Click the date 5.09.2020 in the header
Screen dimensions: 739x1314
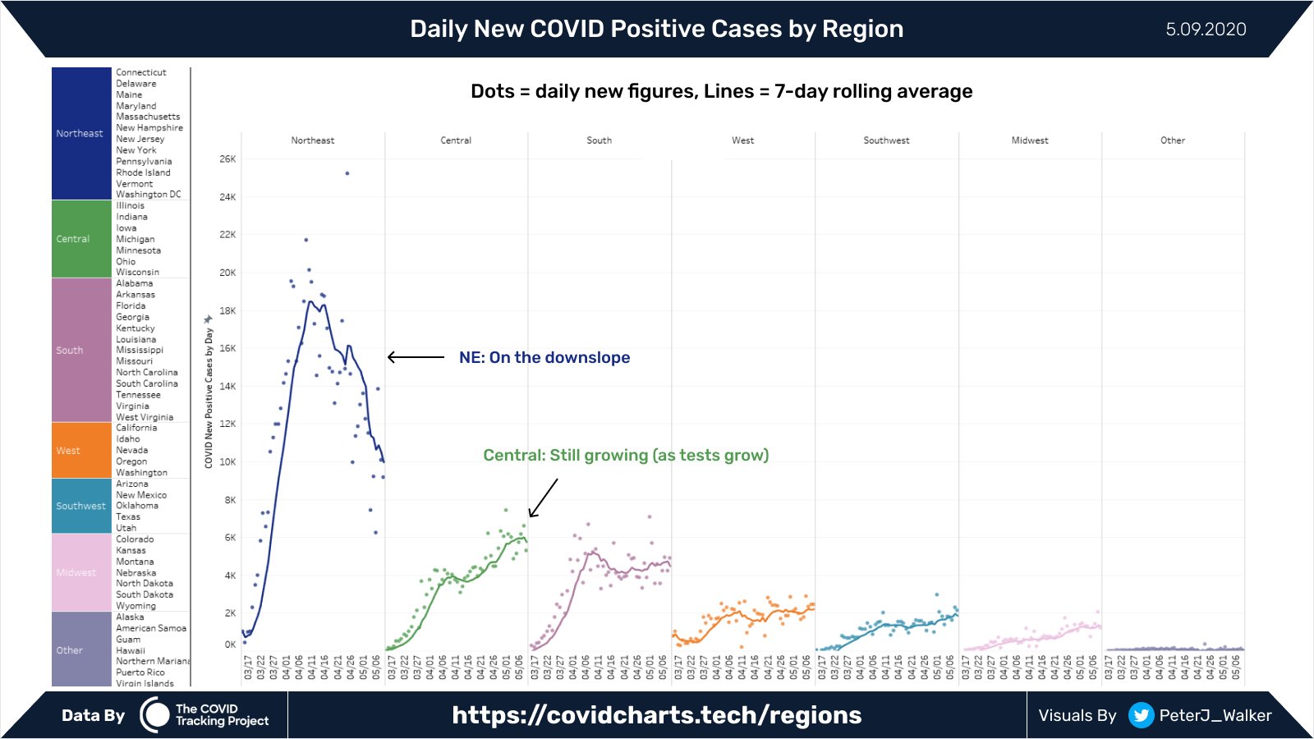tap(1206, 30)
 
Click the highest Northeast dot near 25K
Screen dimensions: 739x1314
tap(347, 173)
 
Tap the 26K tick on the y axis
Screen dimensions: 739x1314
tap(227, 159)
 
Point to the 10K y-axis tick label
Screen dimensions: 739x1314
tap(227, 462)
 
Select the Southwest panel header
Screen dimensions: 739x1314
tap(886, 140)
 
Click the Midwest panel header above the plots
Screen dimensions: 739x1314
tap(1030, 140)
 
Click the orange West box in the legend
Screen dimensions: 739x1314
tap(81, 450)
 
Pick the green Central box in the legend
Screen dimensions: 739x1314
tap(81, 239)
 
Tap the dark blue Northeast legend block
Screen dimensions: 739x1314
tap(81, 133)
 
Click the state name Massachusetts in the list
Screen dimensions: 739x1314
tap(148, 117)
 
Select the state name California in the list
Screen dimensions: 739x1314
tap(136, 428)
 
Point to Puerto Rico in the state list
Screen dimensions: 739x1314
tap(140, 672)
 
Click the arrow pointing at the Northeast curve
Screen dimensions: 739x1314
tap(416, 357)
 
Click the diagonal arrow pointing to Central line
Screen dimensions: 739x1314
tap(543, 498)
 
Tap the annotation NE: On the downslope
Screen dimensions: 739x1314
tap(544, 357)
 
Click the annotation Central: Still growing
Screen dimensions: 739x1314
tap(626, 455)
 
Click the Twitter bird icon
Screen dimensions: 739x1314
tap(1140, 715)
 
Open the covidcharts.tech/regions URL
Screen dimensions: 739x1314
tap(656, 715)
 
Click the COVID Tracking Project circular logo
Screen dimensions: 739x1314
tap(154, 715)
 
